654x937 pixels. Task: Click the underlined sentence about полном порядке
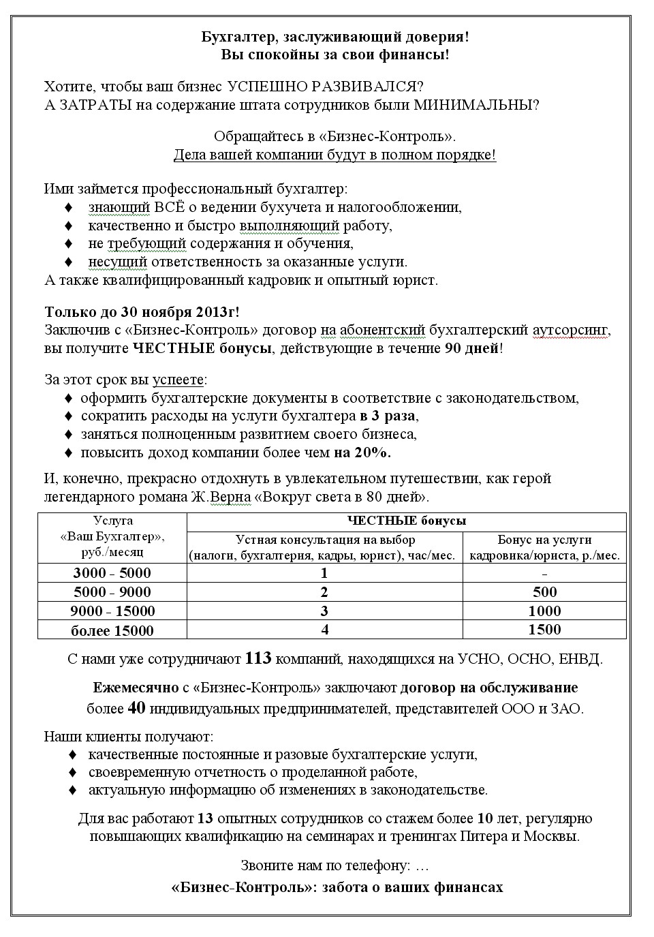[x=334, y=155]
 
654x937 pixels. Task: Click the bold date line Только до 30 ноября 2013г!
[x=142, y=312]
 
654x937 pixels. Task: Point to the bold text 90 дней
[x=471, y=349]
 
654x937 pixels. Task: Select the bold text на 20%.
[x=362, y=452]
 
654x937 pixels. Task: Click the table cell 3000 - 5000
[x=112, y=573]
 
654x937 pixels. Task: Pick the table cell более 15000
[x=112, y=630]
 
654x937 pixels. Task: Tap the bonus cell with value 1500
[x=544, y=630]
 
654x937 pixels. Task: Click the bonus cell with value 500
[x=544, y=592]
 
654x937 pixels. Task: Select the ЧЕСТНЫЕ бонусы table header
[x=407, y=521]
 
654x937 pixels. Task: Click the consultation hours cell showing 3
[x=325, y=611]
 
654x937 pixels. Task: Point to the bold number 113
[x=258, y=659]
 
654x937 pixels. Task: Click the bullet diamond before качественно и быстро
[x=67, y=226]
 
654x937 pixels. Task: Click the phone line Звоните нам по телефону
[x=334, y=865]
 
